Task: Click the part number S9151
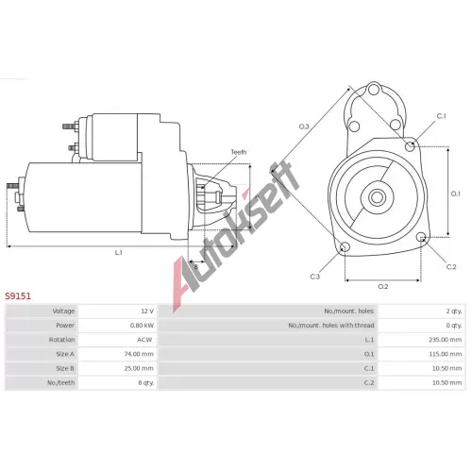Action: pyautogui.click(x=18, y=296)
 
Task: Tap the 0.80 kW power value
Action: pyautogui.click(x=142, y=326)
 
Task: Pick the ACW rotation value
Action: pyautogui.click(x=144, y=340)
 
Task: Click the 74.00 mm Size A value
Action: pyautogui.click(x=139, y=354)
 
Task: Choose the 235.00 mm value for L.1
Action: pyautogui.click(x=446, y=340)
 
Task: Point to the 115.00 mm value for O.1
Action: pyautogui.click(x=446, y=354)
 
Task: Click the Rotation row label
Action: pyautogui.click(x=61, y=340)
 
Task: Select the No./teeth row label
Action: pyautogui.click(x=61, y=383)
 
